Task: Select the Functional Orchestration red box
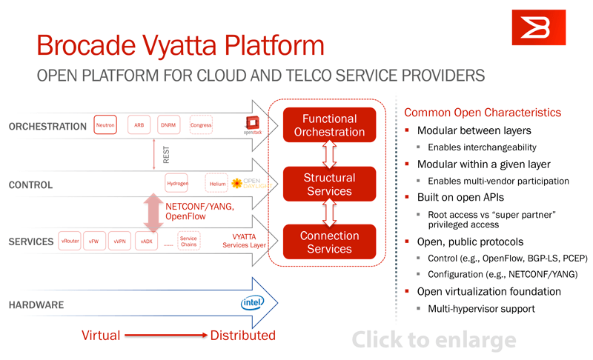coord(329,125)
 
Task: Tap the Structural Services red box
coord(329,184)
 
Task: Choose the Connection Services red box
coord(329,242)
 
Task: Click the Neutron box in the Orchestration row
coord(105,125)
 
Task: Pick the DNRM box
coord(168,125)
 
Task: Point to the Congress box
coord(201,125)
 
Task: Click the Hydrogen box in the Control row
coord(177,183)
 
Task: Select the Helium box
coord(217,184)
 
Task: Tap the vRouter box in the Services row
coord(70,241)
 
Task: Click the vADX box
coord(146,241)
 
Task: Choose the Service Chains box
coord(188,241)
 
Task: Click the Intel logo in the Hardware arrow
coord(252,303)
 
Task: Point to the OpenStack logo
coord(253,125)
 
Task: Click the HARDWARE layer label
coord(36,304)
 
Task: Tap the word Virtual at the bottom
coord(100,336)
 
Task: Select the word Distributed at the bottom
coord(242,336)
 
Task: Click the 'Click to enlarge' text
coord(434,340)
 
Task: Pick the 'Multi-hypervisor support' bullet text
coord(481,308)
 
